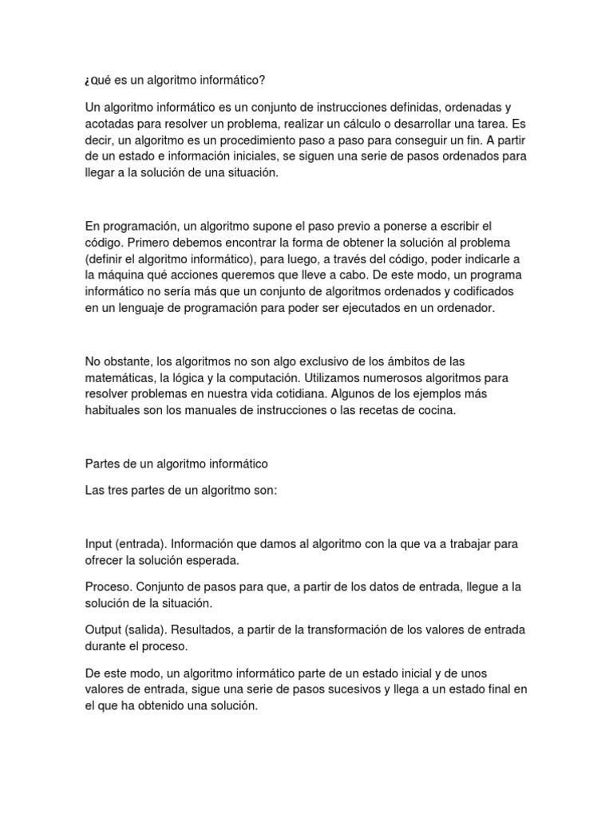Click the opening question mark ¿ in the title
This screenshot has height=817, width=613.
[88, 81]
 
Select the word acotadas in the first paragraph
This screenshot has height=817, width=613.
[109, 124]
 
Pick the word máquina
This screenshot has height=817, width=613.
[125, 275]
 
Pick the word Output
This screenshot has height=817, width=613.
[104, 629]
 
